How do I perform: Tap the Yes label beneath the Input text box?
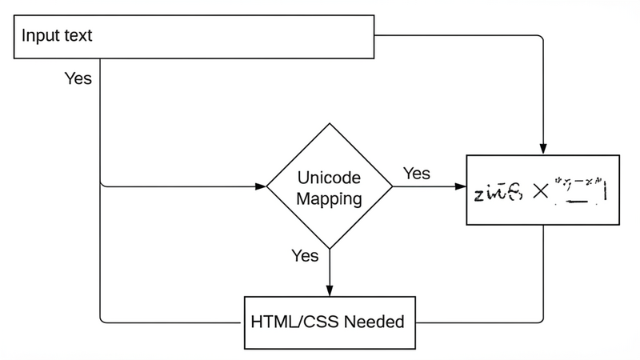[x=78, y=79]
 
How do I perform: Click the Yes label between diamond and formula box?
[x=416, y=174]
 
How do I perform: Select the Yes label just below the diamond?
[x=305, y=256]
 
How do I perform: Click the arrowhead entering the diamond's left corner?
[x=261, y=187]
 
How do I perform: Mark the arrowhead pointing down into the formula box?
[x=544, y=149]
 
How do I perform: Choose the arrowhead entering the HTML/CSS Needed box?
[x=329, y=291]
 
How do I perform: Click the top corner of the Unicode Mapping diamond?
[x=329, y=123]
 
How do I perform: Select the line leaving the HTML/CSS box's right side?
[x=480, y=323]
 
